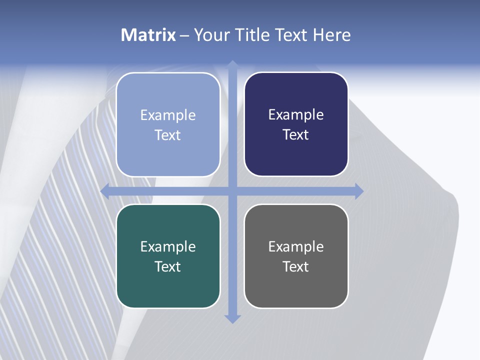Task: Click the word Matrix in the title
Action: point(148,35)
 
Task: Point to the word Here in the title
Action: point(331,35)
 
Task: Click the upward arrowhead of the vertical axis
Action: point(232,64)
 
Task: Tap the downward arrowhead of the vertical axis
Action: point(232,319)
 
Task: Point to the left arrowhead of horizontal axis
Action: point(105,191)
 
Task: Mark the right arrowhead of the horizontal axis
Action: point(359,191)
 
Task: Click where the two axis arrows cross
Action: point(232,191)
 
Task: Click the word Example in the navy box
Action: point(296,115)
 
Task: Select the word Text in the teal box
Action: point(168,266)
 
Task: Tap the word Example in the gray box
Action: point(296,246)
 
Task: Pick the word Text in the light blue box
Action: point(168,135)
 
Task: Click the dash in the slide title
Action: point(184,35)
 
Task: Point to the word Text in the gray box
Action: point(296,266)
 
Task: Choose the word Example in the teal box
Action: point(168,246)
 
